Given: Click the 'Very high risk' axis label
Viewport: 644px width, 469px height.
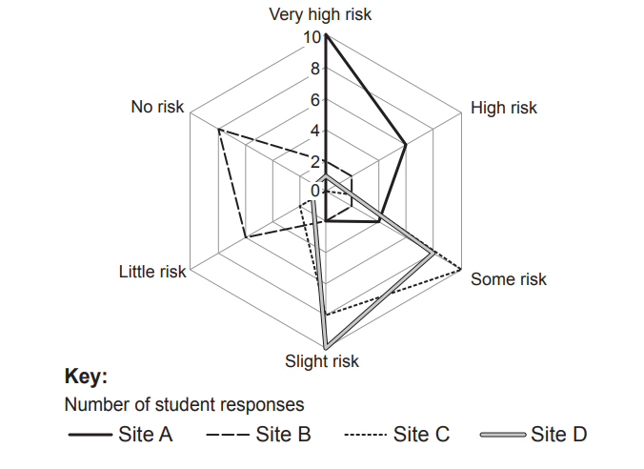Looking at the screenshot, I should coord(320,14).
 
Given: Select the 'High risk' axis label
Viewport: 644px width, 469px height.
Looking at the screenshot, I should coord(503,108).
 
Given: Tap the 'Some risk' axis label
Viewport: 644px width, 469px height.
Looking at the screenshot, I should coord(509,279).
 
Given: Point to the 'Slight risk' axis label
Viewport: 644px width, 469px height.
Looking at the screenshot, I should coord(322,361).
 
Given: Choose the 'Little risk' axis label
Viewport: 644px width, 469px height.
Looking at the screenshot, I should coord(152,272).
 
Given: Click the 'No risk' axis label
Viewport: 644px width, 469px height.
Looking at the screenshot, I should coord(157,107).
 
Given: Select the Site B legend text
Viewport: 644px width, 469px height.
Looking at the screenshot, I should coord(283,436).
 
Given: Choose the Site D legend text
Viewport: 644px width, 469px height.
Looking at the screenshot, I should coord(559,436).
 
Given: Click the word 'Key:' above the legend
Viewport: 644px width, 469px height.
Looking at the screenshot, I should coord(86,376).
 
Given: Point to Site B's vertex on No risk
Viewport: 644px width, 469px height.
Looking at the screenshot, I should coord(218,128).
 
